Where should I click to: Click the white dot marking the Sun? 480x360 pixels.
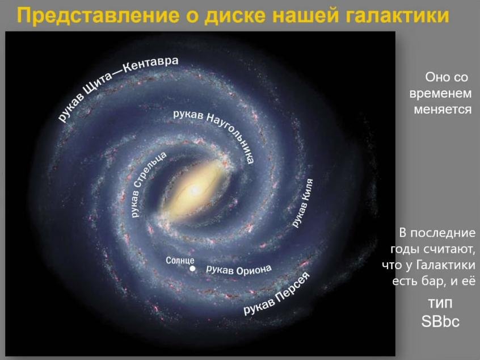[x=192, y=269]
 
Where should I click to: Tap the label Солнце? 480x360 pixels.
[x=180, y=261]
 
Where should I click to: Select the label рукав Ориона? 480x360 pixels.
[x=239, y=270]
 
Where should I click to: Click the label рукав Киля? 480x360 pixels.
[x=302, y=203]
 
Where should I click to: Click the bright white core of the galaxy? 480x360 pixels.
[x=194, y=191]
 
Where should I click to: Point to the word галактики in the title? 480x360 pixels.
[x=397, y=16]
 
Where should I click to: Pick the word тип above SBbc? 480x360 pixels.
[x=440, y=303]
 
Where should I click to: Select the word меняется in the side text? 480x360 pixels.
[x=443, y=110]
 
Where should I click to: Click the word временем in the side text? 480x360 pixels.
[x=440, y=94]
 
